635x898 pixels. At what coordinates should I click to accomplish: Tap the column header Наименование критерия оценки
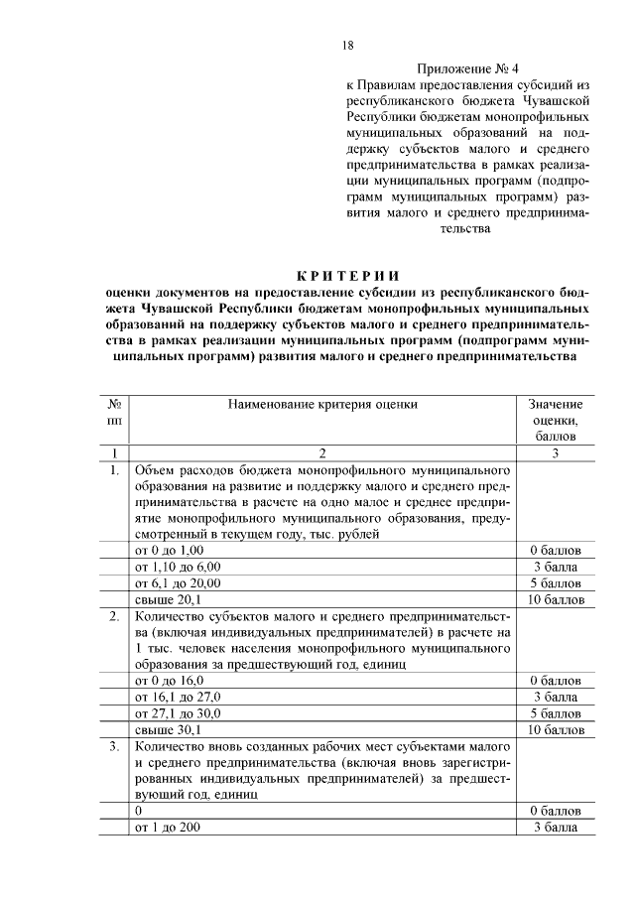[x=322, y=404]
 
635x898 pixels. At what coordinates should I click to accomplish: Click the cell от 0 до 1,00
[x=169, y=550]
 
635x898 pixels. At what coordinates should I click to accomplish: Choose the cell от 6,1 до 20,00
[x=177, y=582]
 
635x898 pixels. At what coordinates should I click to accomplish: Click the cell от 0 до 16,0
[x=169, y=680]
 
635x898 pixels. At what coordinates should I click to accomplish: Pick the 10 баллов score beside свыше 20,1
[x=556, y=599]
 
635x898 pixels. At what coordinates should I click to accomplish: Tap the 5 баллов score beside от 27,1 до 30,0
[x=556, y=712]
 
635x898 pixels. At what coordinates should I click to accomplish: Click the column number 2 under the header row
[x=322, y=452]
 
